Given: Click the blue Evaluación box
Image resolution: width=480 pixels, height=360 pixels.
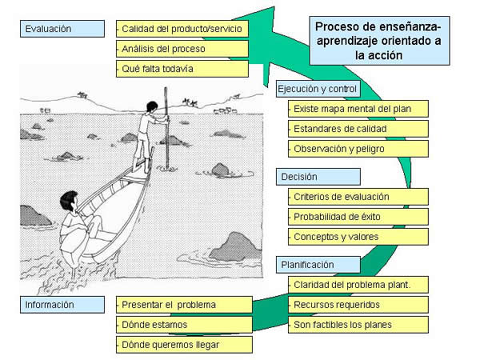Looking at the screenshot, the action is click(x=62, y=29).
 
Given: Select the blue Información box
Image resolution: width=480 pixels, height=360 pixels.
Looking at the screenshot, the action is click(x=62, y=305).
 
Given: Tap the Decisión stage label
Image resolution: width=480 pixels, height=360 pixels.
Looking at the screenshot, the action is click(x=318, y=177).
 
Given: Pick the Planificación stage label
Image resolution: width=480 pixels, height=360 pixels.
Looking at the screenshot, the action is click(x=318, y=265).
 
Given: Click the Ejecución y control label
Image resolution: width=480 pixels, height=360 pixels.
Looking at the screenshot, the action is click(x=318, y=89).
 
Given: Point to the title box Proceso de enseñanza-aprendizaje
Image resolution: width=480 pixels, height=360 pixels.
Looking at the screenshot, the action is click(x=379, y=41).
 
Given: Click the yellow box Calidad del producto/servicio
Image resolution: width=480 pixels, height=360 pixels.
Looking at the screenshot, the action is click(x=182, y=29).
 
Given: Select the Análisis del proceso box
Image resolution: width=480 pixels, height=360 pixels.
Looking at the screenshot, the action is click(x=182, y=49).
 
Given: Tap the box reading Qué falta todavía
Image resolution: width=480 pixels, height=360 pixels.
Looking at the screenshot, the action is click(x=182, y=69).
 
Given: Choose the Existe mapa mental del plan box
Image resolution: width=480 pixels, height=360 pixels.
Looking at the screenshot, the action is click(x=358, y=109).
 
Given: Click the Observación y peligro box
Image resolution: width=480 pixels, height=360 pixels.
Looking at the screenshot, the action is click(x=358, y=149).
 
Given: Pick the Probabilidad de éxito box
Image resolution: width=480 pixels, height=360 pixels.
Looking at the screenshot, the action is click(x=358, y=217).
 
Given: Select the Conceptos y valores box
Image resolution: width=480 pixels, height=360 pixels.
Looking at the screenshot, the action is click(x=358, y=237).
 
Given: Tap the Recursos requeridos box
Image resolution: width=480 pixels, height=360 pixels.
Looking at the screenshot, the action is click(x=358, y=305).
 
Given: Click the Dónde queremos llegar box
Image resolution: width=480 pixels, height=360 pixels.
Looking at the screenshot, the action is click(x=184, y=345).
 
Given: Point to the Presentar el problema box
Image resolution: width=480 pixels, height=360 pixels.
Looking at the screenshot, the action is click(x=184, y=305).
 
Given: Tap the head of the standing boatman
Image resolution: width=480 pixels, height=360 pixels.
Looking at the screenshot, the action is click(x=152, y=107).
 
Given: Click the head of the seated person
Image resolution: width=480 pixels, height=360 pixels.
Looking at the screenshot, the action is click(x=69, y=201).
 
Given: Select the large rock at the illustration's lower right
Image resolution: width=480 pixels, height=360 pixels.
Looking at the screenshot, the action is click(x=235, y=246).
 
